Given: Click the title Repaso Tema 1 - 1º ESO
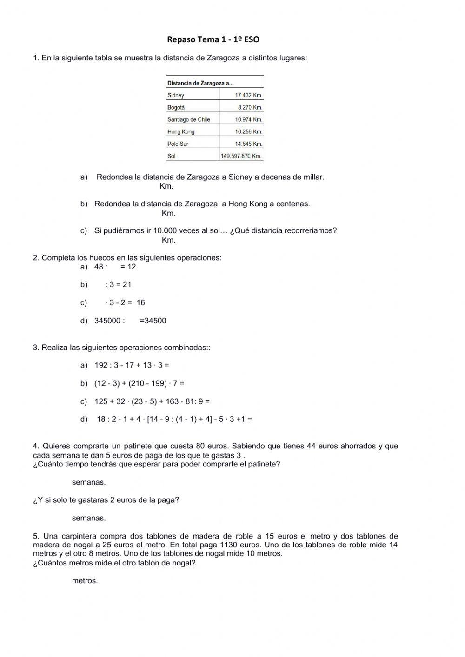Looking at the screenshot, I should coord(213,39).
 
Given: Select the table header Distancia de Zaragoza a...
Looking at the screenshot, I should coord(200,83).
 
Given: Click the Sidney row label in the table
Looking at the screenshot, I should coord(176,95).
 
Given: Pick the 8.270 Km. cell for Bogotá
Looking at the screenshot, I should coord(250,107).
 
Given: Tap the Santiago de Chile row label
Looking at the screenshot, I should coord(189,119).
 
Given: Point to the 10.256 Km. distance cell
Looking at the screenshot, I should coord(248,131).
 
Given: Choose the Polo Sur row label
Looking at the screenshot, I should coord(178,144).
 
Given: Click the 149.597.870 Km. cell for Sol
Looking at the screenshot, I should coord(241,156).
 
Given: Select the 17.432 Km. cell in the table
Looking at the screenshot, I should coord(248,95).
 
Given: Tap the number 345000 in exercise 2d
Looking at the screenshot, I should coord(107,321).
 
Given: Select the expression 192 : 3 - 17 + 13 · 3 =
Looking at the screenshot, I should coord(132,365).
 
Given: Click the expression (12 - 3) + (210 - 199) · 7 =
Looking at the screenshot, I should coord(139,383).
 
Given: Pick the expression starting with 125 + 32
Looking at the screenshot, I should coord(152,401).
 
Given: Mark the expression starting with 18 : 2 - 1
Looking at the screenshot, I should coord(174,419).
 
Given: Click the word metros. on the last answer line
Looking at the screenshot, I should coord(85,581).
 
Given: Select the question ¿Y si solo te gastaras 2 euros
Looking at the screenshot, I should coord(106,500).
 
